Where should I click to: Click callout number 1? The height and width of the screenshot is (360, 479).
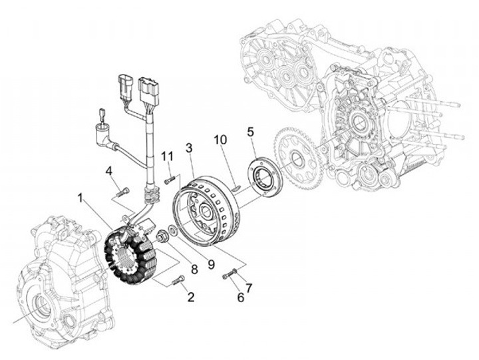pyautogui.click(x=80, y=198)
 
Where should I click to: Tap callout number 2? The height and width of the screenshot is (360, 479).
pyautogui.click(x=191, y=297)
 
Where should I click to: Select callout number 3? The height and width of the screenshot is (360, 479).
pyautogui.click(x=189, y=148)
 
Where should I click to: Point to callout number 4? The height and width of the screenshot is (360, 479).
pyautogui.click(x=108, y=171)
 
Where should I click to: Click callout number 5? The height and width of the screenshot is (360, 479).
pyautogui.click(x=251, y=132)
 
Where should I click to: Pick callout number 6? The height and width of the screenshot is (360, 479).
pyautogui.click(x=241, y=297)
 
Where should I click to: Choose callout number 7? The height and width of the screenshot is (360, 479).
pyautogui.click(x=249, y=288)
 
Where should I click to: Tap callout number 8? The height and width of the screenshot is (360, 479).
pyautogui.click(x=194, y=270)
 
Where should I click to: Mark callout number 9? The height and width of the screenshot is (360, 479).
pyautogui.click(x=212, y=264)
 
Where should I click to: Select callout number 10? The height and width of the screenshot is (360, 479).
pyautogui.click(x=220, y=140)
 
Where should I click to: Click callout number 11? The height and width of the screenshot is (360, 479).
pyautogui.click(x=168, y=156)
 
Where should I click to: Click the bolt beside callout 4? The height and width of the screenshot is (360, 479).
pyautogui.click(x=123, y=192)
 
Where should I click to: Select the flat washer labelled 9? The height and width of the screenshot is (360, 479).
pyautogui.click(x=172, y=230)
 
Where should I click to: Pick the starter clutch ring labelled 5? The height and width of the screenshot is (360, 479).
pyautogui.click(x=265, y=177)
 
